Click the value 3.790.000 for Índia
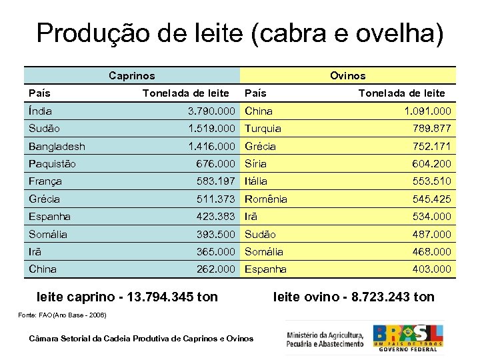click(x=211, y=111)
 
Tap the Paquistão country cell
click(x=52, y=164)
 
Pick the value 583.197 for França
click(x=215, y=181)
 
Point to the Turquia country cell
click(x=263, y=129)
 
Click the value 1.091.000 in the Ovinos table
click(x=427, y=111)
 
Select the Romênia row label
click(x=266, y=199)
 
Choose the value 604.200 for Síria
click(x=431, y=164)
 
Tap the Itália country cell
click(x=256, y=181)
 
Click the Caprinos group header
click(x=131, y=76)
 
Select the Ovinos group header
click(x=348, y=76)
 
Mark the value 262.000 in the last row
click(x=215, y=269)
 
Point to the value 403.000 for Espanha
click(x=431, y=269)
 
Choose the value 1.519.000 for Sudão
click(x=211, y=129)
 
